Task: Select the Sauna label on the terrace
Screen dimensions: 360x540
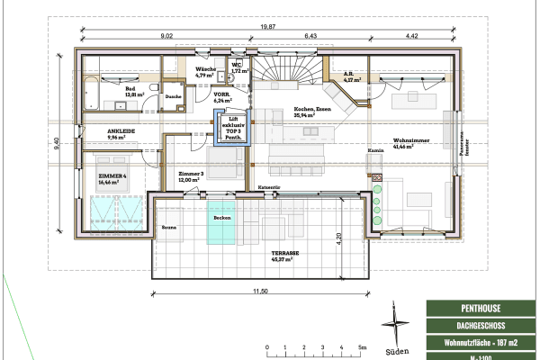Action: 170,229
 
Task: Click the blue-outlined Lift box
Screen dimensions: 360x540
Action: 233,129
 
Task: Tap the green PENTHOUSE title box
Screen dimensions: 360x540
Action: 481,309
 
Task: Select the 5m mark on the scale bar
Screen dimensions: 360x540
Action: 361,346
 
